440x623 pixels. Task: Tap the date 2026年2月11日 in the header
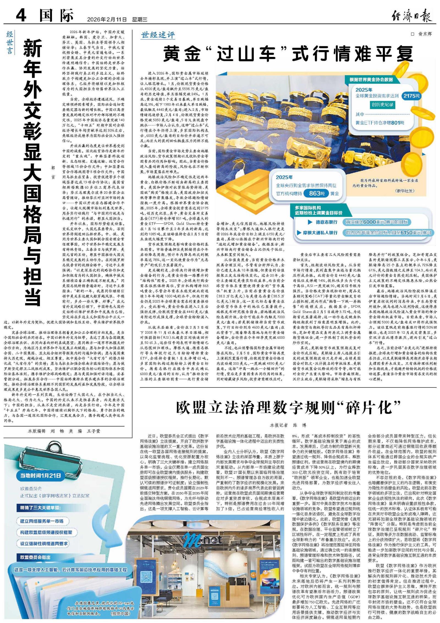pos(107,20)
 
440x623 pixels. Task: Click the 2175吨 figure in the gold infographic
pos(412,96)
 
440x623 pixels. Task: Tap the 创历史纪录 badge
pos(383,105)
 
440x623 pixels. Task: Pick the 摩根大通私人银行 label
pos(320,233)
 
